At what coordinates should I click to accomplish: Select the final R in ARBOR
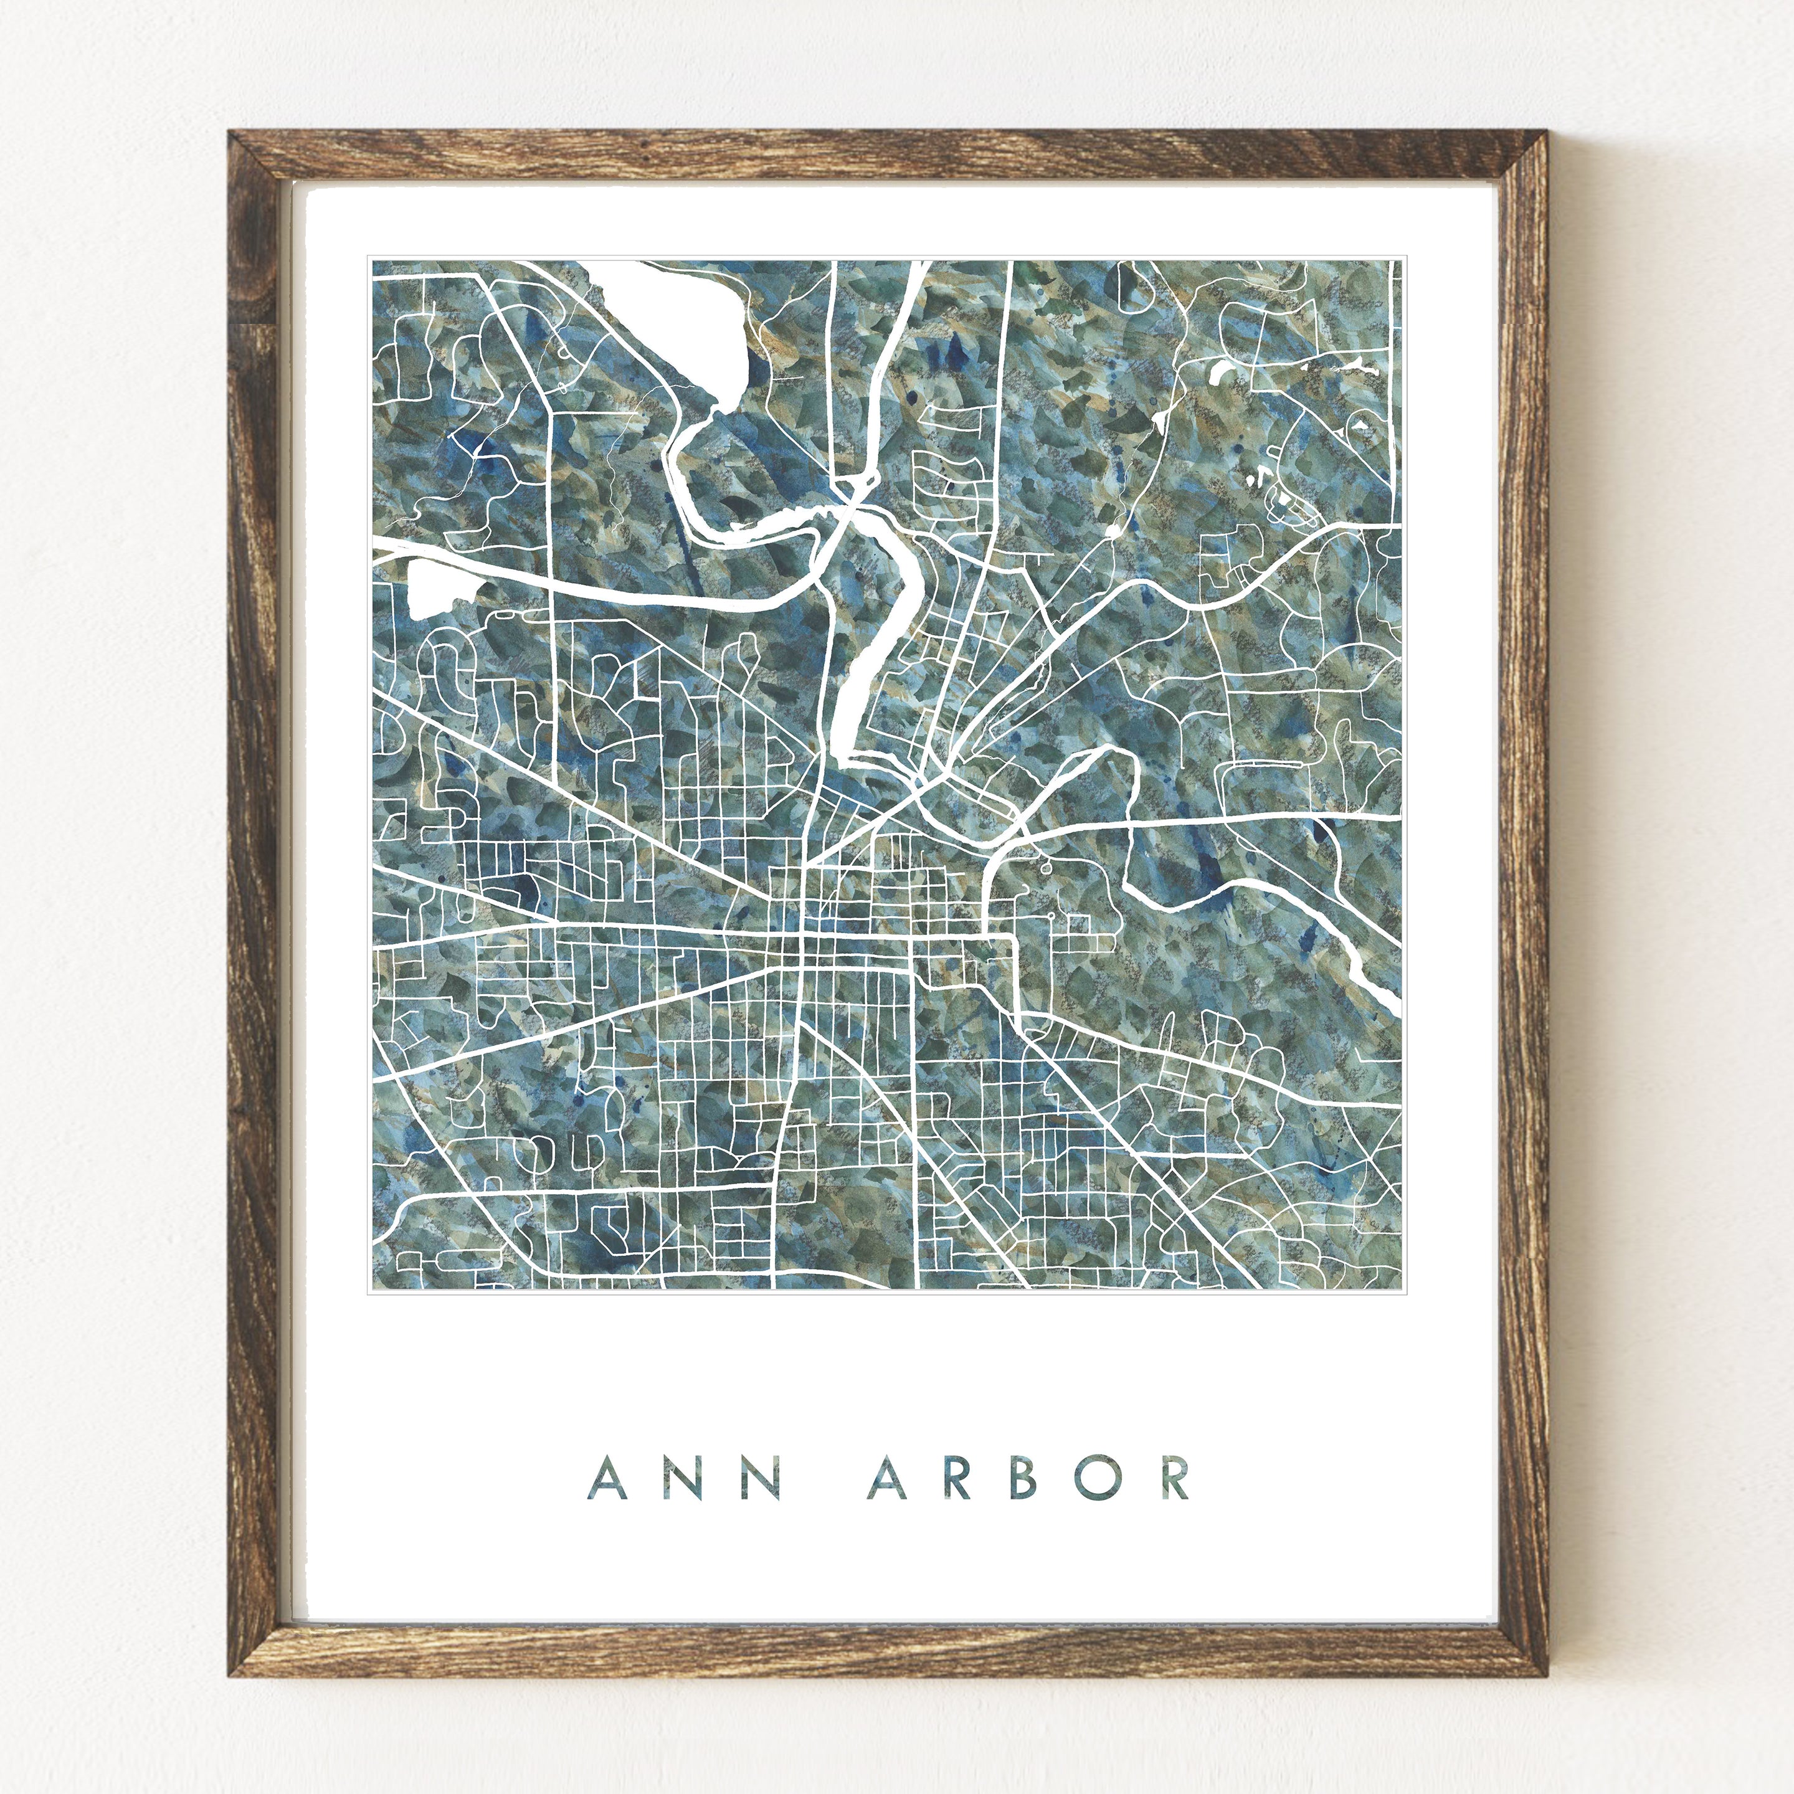point(1175,1478)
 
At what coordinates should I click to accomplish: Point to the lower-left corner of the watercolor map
point(373,1288)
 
